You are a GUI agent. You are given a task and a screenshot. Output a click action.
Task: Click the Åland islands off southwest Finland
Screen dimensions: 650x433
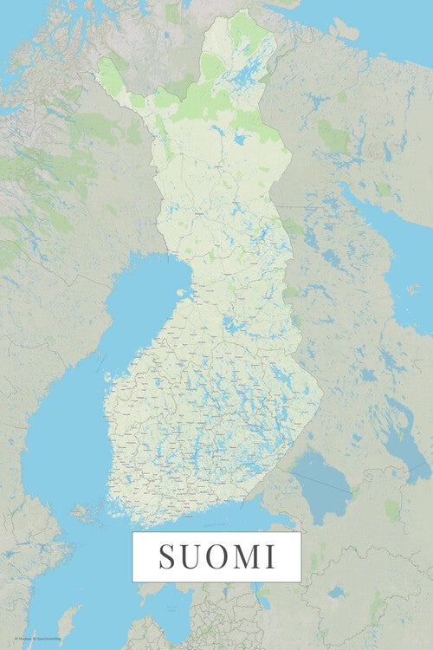(x=87, y=514)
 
